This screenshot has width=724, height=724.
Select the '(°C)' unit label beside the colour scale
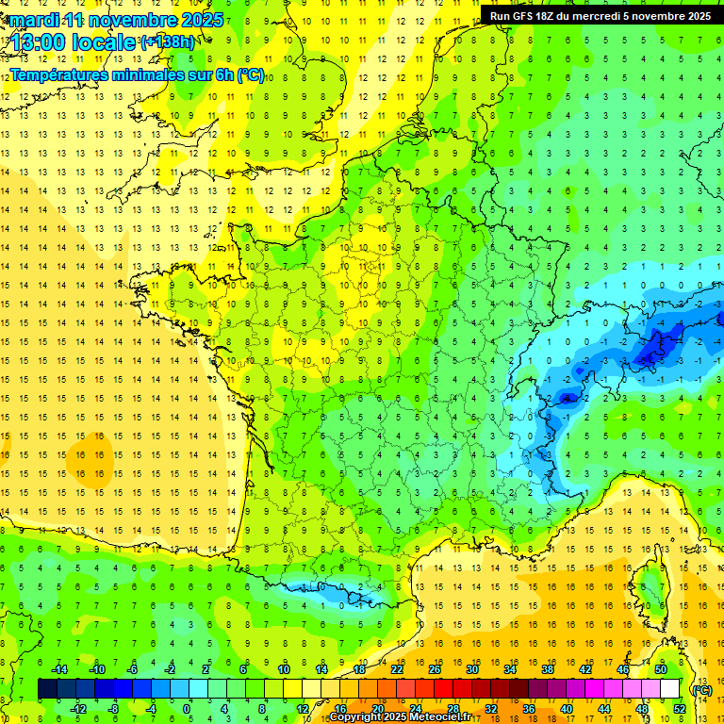tap(701, 689)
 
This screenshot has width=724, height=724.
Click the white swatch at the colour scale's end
tap(670, 689)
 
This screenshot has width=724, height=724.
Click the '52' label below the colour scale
tap(679, 709)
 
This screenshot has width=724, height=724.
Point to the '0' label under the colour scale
tap(187, 709)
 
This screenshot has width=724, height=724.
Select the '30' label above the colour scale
tap(471, 669)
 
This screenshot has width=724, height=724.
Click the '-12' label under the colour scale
tap(78, 709)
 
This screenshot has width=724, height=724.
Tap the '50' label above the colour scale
tap(660, 669)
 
